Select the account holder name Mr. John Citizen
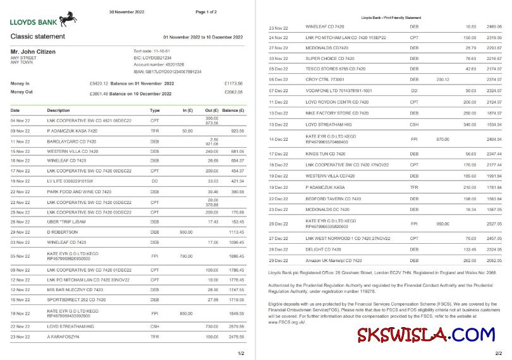[x=34, y=51]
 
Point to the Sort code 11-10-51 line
[x=152, y=51]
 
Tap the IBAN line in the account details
[x=168, y=72]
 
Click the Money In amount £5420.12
[x=100, y=83]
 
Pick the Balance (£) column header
[x=233, y=110]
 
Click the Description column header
[x=58, y=110]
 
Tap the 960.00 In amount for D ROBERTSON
[x=186, y=232]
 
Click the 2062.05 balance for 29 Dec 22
[x=494, y=260]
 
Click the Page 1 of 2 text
[x=206, y=11]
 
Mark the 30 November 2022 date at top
[x=127, y=11]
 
